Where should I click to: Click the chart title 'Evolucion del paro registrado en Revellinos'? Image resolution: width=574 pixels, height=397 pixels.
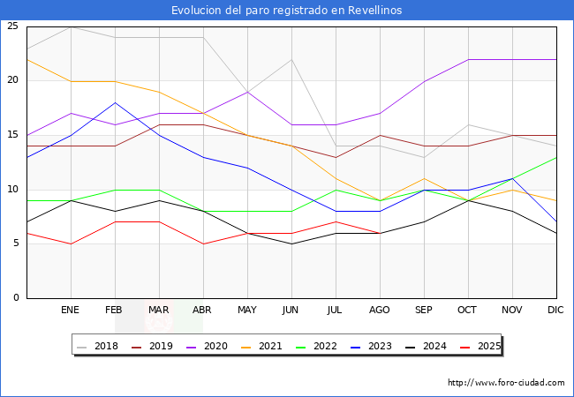coord(287,11)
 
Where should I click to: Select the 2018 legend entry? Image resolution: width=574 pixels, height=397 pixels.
coord(100,346)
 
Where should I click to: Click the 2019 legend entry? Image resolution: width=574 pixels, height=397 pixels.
coord(155,346)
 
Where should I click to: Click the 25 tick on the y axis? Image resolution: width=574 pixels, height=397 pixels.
coord(12,26)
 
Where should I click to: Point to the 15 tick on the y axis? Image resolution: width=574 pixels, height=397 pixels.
coord(12,135)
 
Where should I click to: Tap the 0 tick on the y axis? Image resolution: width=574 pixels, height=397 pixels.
coord(16,298)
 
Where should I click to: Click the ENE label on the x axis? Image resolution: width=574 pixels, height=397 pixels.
coord(71,311)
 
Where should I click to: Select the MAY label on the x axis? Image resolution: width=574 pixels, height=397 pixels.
coord(247,311)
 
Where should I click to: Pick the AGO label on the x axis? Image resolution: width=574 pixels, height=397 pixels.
coord(380,311)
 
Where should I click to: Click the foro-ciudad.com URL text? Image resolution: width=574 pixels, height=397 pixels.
coord(506,383)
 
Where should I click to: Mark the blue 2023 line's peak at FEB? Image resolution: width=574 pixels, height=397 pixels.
coord(115,102)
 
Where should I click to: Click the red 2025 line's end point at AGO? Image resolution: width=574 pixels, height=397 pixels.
coord(380,233)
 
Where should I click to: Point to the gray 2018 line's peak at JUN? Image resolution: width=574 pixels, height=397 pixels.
coord(291,59)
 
